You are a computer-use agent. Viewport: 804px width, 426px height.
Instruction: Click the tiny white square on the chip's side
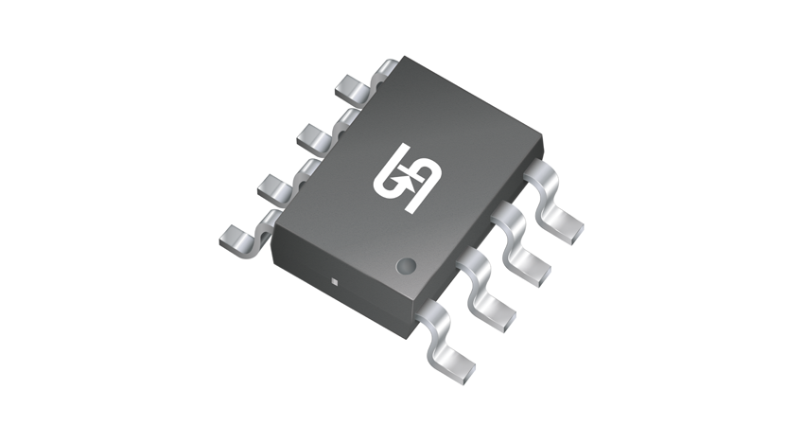(335, 281)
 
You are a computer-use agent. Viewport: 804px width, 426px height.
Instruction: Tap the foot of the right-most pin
(567, 226)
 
